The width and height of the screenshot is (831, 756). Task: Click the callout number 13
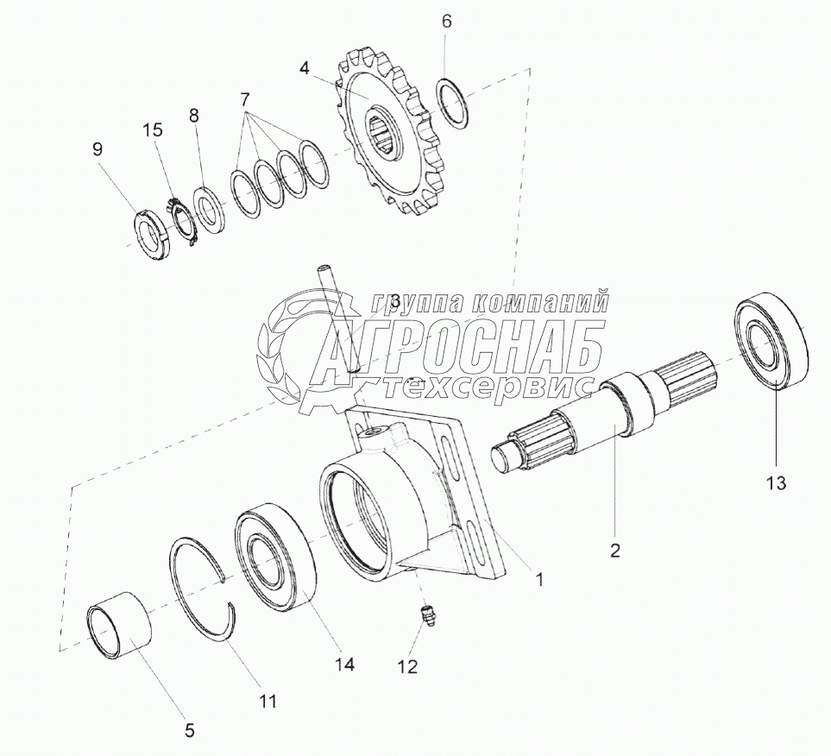click(x=776, y=483)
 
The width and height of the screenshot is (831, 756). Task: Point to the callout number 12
click(x=408, y=666)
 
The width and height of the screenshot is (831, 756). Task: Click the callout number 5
click(x=190, y=731)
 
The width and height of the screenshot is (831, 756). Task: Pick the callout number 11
click(x=268, y=701)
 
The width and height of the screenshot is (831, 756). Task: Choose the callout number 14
click(x=344, y=664)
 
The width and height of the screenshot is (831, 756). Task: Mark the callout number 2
click(x=614, y=551)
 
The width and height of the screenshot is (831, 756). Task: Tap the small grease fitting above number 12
click(x=428, y=617)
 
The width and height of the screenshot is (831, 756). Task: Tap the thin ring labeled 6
click(x=452, y=103)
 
